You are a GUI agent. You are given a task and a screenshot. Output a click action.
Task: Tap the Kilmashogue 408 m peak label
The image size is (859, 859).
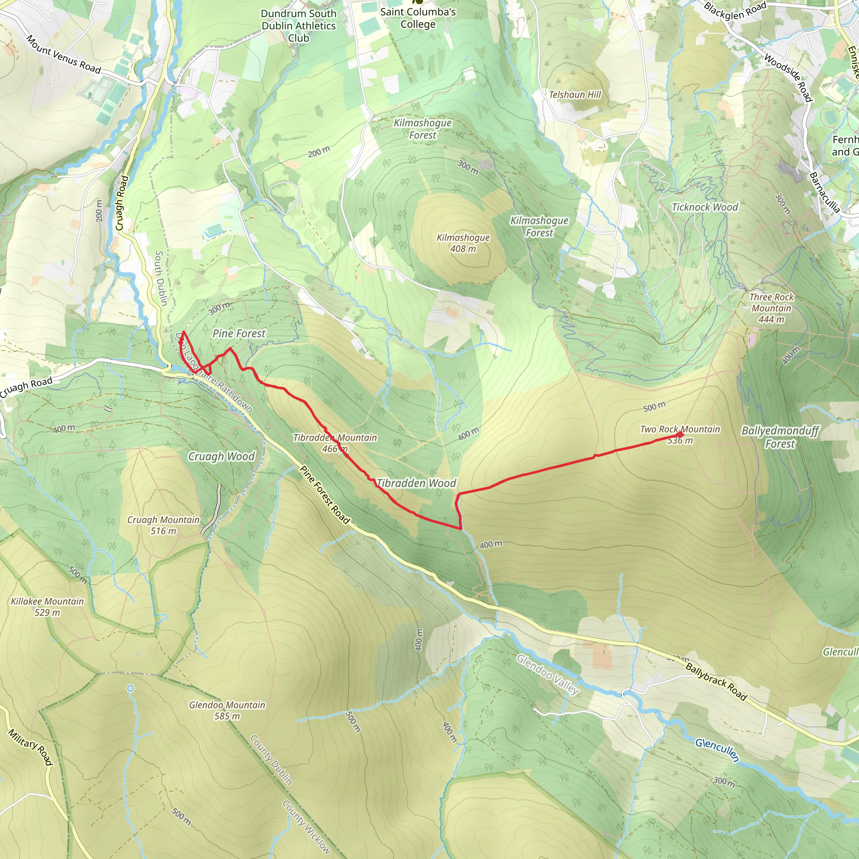[463, 243]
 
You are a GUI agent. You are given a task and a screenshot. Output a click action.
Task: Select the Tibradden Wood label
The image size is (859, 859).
[416, 483]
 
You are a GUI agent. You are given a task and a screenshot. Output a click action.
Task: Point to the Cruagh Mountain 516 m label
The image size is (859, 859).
[163, 525]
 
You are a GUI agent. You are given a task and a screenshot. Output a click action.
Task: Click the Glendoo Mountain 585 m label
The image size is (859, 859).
[227, 710]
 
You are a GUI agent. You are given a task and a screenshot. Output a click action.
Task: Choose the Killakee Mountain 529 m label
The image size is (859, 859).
[47, 607]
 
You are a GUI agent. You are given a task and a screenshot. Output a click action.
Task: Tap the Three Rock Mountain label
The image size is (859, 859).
[771, 308]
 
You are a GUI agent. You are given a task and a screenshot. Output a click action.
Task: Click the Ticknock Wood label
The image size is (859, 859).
[705, 207]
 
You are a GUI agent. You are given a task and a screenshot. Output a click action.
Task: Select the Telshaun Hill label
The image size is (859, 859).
[575, 95]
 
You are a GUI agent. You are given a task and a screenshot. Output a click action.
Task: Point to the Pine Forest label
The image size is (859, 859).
[239, 333]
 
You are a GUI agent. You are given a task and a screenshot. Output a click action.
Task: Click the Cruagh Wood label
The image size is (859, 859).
[221, 457]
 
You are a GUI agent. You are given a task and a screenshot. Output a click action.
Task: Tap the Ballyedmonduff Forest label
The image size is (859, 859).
[780, 437]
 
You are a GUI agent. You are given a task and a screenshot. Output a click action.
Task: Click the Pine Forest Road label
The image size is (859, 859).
[325, 495]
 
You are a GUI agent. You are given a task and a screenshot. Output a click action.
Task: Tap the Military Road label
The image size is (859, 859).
[31, 747]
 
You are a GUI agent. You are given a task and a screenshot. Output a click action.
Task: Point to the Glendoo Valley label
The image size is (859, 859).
[547, 674]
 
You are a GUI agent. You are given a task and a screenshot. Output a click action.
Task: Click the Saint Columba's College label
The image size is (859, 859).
[417, 18]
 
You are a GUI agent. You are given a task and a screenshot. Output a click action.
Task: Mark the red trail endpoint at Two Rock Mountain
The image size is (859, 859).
[681, 435]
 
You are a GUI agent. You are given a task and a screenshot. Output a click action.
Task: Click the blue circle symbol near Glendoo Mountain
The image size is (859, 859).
[130, 688]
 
